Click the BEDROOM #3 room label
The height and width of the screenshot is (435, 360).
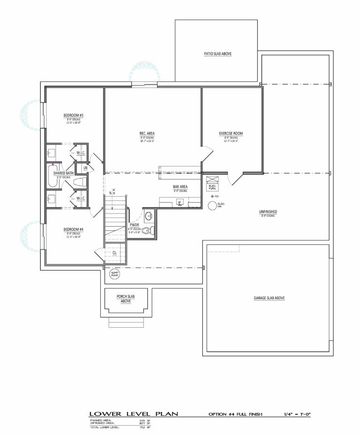click(74, 115)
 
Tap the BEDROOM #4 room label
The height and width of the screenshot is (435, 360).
click(74, 229)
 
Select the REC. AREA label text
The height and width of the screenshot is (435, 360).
click(147, 133)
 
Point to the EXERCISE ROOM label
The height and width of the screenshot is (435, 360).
click(231, 133)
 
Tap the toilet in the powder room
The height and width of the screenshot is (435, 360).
click(147, 230)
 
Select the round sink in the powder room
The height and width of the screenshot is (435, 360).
click(148, 216)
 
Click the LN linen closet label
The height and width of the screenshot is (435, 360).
click(85, 168)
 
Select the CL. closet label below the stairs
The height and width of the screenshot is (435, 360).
click(115, 252)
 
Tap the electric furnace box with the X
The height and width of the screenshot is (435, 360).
click(212, 180)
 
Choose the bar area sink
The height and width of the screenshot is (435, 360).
click(180, 202)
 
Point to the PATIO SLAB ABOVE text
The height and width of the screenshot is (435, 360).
click(217, 54)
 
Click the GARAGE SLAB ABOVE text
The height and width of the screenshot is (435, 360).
click(270, 298)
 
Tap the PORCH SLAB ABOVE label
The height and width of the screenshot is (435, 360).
click(125, 299)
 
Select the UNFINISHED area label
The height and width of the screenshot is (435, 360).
click(268, 212)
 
